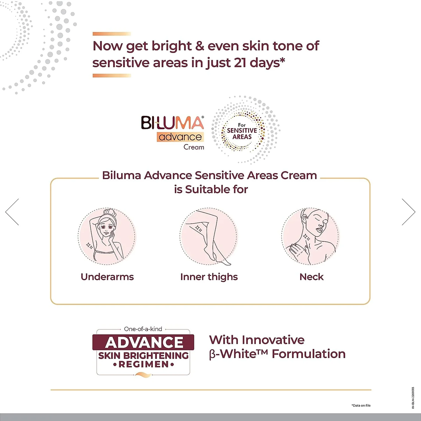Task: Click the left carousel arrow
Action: (x=12, y=212)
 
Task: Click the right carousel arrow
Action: (x=408, y=212)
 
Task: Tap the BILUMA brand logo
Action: (x=172, y=123)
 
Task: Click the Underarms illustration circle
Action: (x=107, y=236)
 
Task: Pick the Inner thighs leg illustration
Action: (x=209, y=236)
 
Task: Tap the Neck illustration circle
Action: (x=311, y=236)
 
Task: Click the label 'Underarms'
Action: (x=107, y=277)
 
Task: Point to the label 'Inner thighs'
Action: (x=209, y=277)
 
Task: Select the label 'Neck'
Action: (x=311, y=277)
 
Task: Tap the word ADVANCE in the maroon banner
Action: (x=144, y=342)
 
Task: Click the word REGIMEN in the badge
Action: (x=144, y=364)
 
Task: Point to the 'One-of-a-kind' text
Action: (x=143, y=329)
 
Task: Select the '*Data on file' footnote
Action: (x=361, y=405)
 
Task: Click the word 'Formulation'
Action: (x=309, y=354)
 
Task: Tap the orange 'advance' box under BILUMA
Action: (x=180, y=137)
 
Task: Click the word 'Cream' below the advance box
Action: (x=194, y=147)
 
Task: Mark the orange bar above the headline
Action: (x=112, y=34)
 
